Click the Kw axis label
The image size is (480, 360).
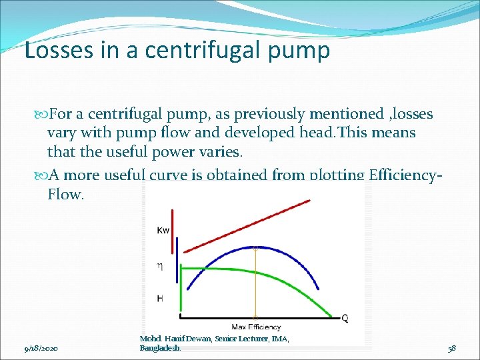(x=163, y=231)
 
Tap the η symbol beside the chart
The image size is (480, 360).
(x=159, y=266)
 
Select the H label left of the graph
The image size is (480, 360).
(x=160, y=299)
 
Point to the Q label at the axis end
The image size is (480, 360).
(x=345, y=319)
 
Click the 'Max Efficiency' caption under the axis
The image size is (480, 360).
(x=256, y=327)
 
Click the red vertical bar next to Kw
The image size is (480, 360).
(x=173, y=231)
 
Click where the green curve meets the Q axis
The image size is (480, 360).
(x=331, y=315)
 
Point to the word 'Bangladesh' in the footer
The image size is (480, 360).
(x=160, y=348)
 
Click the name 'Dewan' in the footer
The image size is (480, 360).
(x=197, y=339)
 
